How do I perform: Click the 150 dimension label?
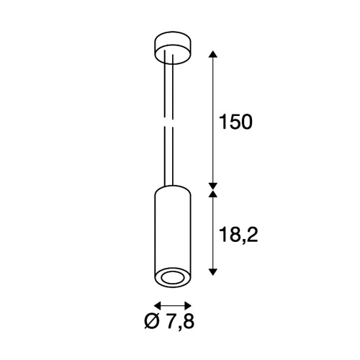click(x=236, y=122)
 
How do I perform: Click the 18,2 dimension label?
click(x=238, y=235)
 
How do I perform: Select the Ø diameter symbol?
click(x=152, y=321)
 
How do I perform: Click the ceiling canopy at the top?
click(x=173, y=48)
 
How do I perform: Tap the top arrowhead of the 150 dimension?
click(x=213, y=54)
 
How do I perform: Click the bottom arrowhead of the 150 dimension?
click(x=213, y=186)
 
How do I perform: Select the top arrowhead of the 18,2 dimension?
click(x=213, y=194)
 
